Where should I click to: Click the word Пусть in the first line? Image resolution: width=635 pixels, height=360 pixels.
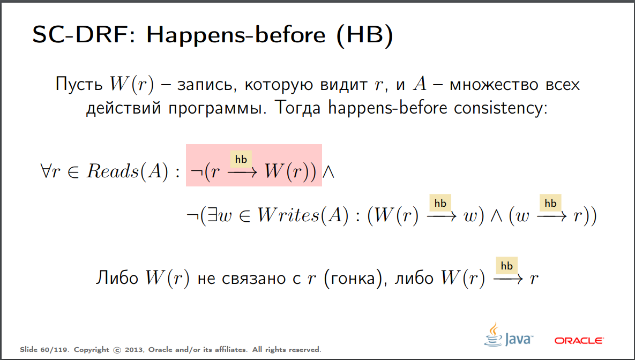pyautogui.click(x=79, y=85)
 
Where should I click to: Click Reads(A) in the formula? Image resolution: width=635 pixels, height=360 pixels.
pyautogui.click(x=127, y=171)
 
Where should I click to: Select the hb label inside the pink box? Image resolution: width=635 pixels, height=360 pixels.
pyautogui.click(x=241, y=159)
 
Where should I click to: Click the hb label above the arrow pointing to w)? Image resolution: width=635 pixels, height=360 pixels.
pyautogui.click(x=440, y=203)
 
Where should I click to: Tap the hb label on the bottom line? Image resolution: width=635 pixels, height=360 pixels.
pyautogui.click(x=507, y=266)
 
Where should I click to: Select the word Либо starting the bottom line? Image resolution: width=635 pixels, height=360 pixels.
pyautogui.click(x=117, y=278)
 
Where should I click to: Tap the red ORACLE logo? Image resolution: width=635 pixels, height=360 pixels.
pyautogui.click(x=579, y=341)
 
